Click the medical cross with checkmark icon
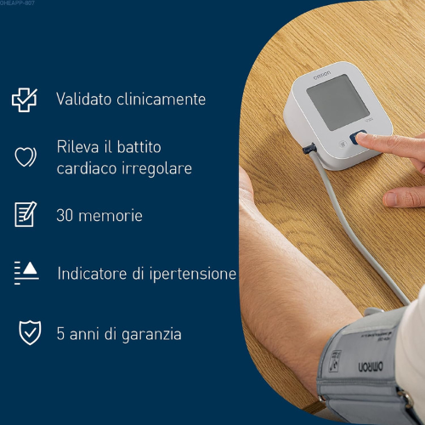click(25, 99)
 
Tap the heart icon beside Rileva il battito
click(25, 156)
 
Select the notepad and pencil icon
click(25, 214)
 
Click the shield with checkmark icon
click(30, 332)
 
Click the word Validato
click(83, 99)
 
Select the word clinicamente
click(161, 99)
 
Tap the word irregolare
click(157, 169)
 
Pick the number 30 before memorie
click(65, 215)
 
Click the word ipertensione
click(193, 275)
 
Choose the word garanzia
click(151, 334)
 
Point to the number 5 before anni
click(60, 333)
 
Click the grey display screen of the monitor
click(338, 102)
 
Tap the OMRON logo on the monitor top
click(322, 75)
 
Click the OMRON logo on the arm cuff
click(371, 366)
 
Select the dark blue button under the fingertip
click(358, 137)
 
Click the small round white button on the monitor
click(343, 144)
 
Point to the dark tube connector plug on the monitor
click(309, 149)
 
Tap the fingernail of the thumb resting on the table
click(390, 199)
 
